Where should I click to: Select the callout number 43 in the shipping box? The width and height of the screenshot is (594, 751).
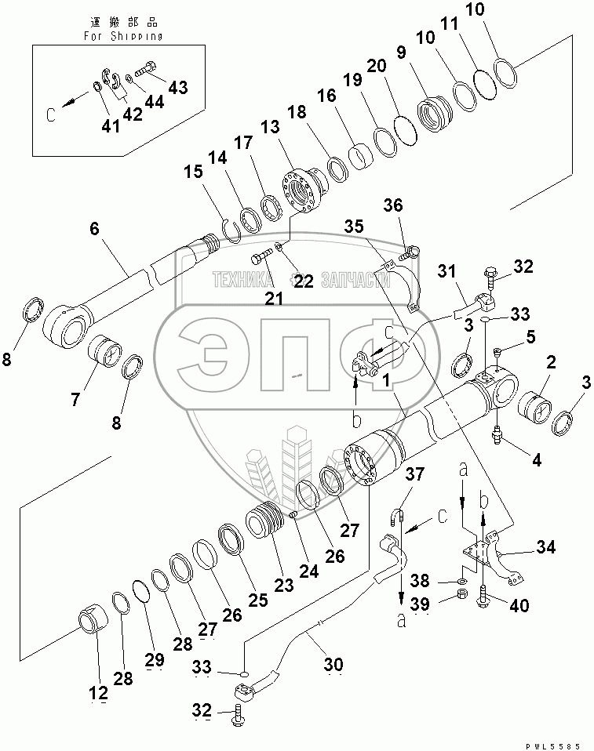(x=177, y=87)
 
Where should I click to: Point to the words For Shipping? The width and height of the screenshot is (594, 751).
(x=123, y=36)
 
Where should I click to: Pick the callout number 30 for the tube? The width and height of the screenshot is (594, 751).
(x=333, y=665)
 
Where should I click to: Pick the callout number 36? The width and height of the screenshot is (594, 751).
(x=392, y=205)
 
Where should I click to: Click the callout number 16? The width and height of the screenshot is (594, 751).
(x=326, y=96)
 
